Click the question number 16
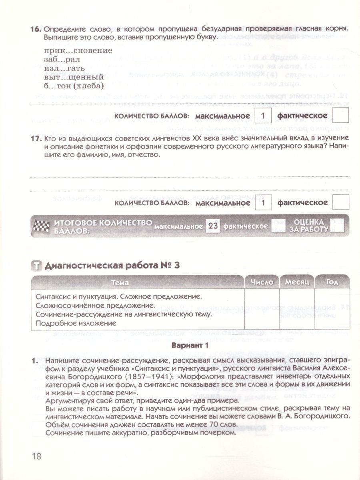(36, 30)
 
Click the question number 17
(36, 138)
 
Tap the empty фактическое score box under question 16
(341, 116)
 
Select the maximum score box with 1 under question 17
(263, 202)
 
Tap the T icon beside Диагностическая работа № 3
(36, 266)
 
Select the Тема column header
(120, 282)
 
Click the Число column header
(262, 282)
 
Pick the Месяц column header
(297, 282)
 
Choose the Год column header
(332, 282)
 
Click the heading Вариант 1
(190, 345)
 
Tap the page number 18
(36, 457)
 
